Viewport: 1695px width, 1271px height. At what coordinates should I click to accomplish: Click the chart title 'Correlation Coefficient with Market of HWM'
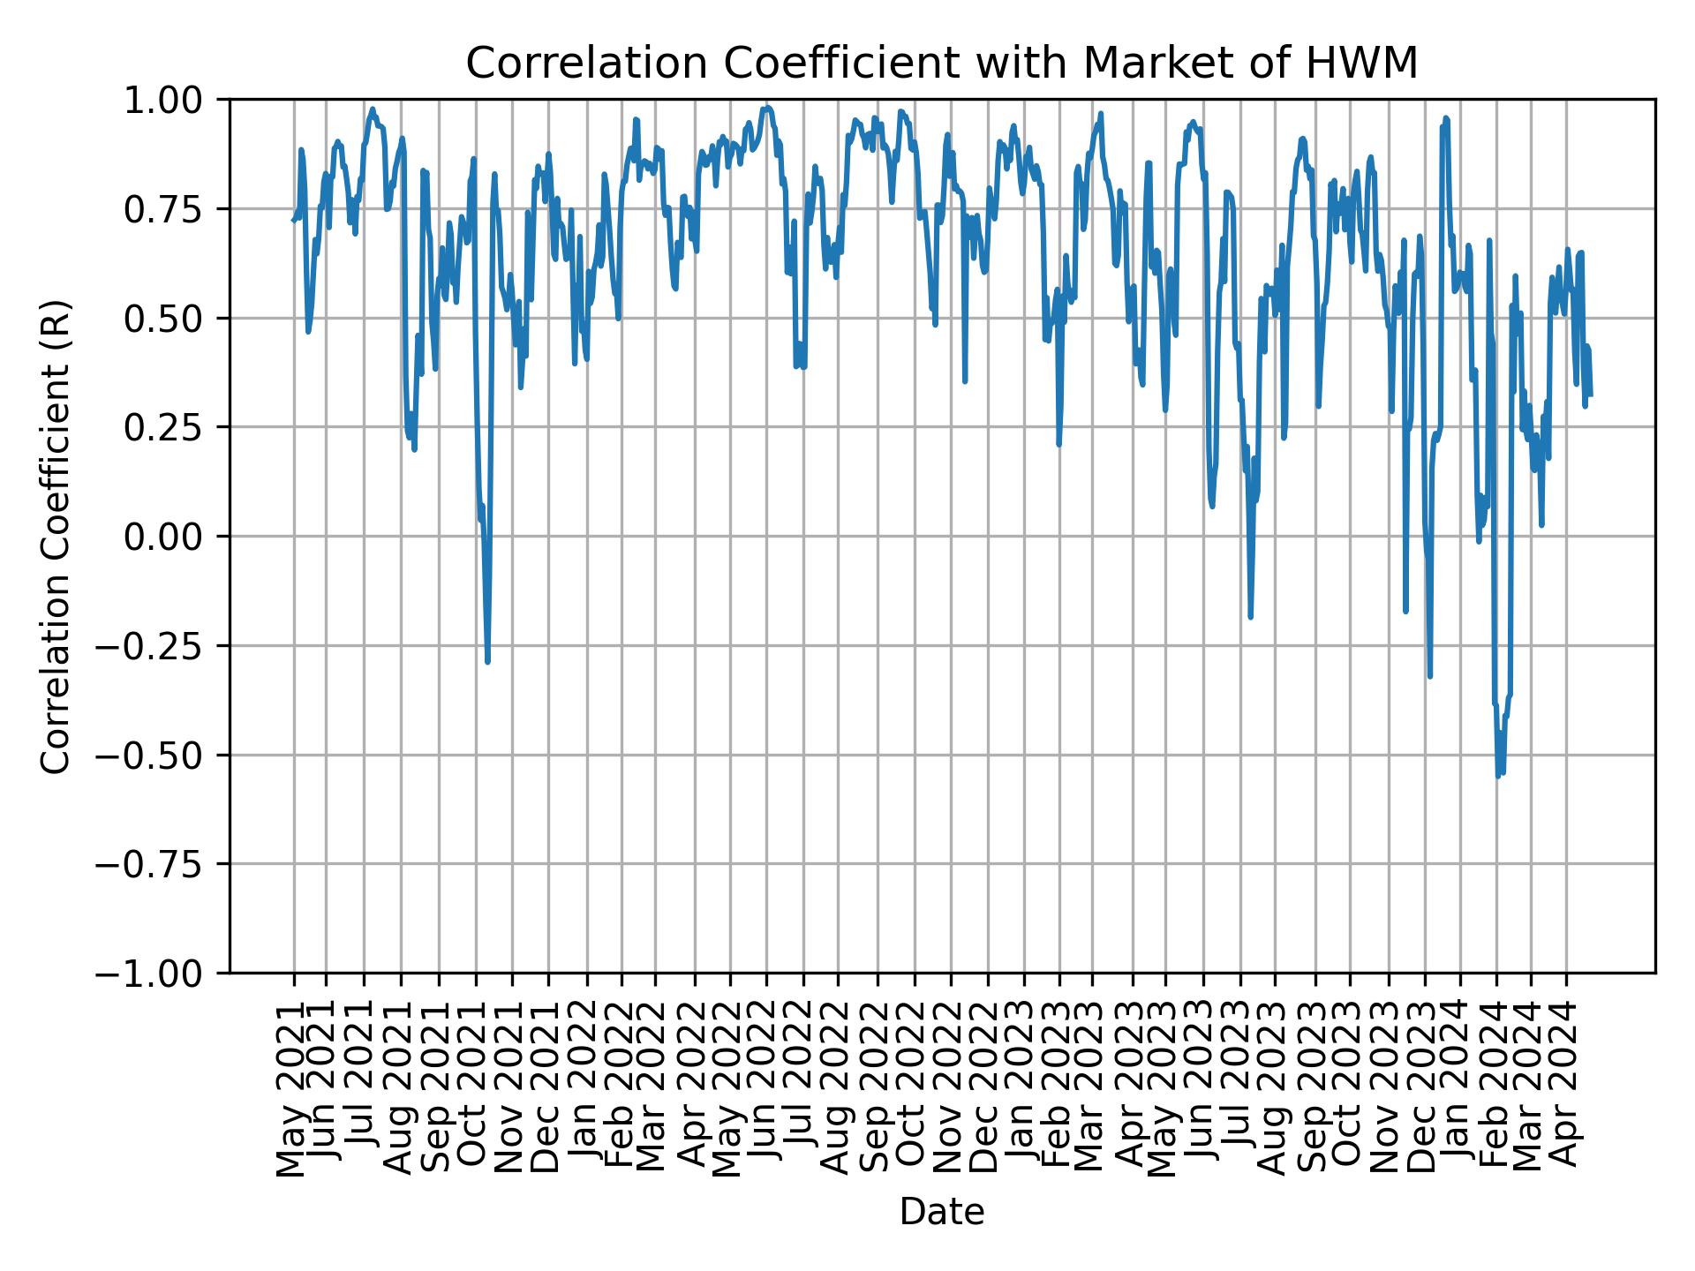[941, 64]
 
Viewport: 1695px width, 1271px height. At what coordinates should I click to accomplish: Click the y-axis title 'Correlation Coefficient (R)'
[55, 536]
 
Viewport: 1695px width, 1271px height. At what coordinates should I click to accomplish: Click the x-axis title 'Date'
[941, 1212]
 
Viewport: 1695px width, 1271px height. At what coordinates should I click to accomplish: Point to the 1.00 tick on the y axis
[173, 100]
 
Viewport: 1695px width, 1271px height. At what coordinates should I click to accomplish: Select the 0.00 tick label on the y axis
[173, 537]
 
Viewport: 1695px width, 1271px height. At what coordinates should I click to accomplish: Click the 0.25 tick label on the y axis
[173, 427]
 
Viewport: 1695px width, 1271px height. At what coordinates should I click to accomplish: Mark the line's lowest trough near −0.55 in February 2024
[1498, 775]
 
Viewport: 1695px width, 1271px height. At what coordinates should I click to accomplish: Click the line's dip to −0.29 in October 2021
[487, 661]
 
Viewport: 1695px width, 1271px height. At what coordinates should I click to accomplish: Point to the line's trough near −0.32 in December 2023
[1429, 675]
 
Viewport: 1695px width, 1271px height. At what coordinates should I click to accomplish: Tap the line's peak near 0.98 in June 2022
[767, 108]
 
